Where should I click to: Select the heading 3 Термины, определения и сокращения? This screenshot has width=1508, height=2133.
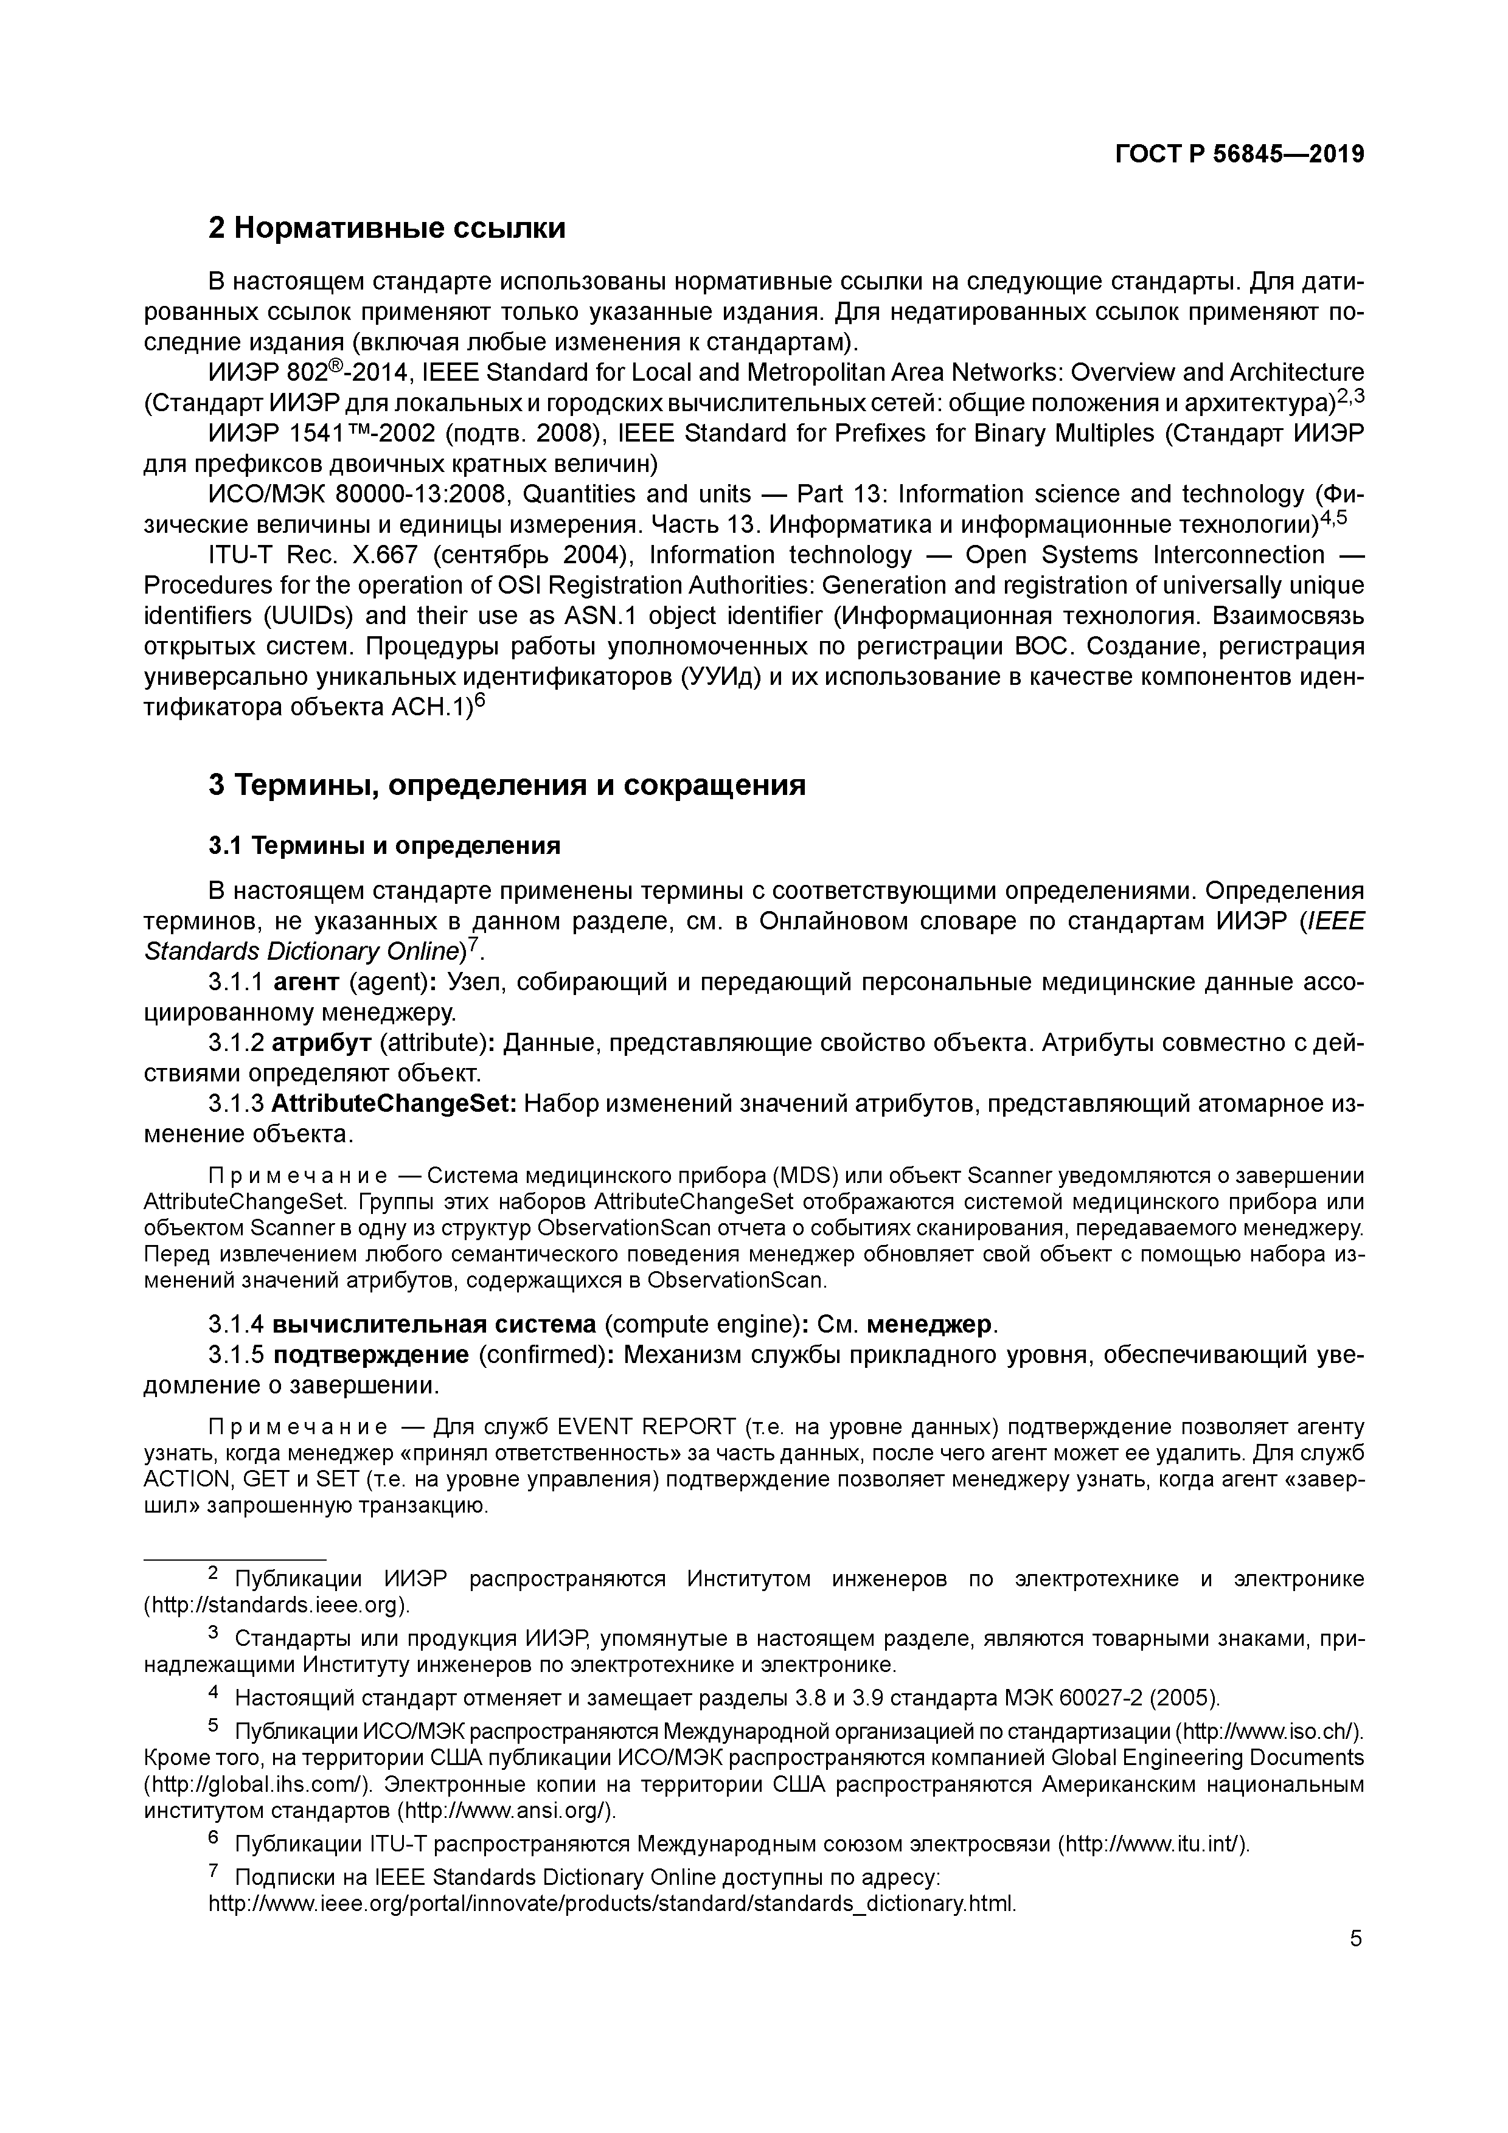click(x=506, y=785)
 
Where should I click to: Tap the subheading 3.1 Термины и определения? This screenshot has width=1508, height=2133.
click(x=384, y=845)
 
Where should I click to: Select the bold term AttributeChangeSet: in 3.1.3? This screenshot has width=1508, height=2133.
click(x=394, y=1104)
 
